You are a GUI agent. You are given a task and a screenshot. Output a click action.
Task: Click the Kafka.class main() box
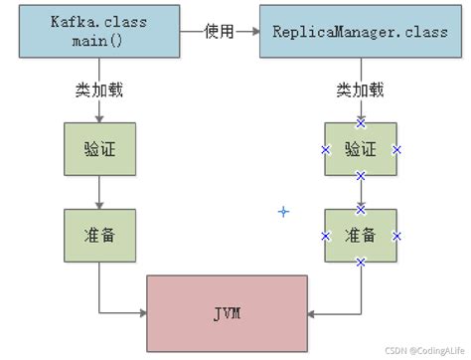96,33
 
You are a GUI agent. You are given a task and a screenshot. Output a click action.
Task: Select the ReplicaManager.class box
361,33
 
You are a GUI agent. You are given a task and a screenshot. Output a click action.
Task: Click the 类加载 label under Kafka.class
98,89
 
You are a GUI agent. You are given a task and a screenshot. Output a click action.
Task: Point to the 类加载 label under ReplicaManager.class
360,89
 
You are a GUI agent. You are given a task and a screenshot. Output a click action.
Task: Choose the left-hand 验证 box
97,149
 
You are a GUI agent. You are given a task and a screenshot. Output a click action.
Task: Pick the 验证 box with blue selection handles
361,149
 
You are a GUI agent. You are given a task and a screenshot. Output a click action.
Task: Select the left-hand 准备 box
97,236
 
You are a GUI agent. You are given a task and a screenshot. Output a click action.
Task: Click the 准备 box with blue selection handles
361,236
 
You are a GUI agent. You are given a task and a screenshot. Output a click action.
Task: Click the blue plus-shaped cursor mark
283,212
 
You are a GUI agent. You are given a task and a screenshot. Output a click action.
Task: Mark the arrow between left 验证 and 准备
97,192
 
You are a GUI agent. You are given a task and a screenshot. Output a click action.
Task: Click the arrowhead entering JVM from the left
142,314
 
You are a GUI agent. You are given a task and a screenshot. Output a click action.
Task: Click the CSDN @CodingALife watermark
421,350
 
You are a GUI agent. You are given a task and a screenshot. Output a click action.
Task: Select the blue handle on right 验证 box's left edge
325,149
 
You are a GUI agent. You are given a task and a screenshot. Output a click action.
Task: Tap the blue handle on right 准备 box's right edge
396,236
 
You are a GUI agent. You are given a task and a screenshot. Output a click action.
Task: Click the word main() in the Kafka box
96,42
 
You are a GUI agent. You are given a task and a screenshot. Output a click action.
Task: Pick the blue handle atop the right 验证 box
361,122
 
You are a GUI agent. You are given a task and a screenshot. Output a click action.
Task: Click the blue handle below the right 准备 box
361,263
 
